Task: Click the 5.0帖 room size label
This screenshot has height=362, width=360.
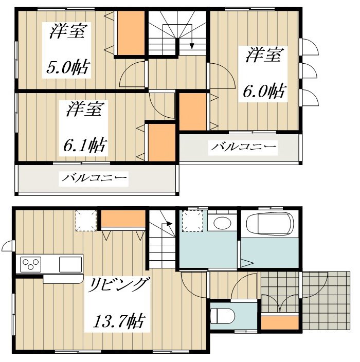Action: (x=67, y=68)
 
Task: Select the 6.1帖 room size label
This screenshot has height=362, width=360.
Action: (x=84, y=145)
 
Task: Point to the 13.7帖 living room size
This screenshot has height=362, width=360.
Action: (x=119, y=321)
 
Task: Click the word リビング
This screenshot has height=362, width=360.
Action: (x=118, y=285)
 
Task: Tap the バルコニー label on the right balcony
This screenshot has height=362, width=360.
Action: (x=243, y=147)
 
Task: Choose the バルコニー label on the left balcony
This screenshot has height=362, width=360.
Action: (x=94, y=178)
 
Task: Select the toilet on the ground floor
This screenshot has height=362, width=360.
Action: (x=223, y=316)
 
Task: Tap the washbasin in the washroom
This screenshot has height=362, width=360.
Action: (x=222, y=223)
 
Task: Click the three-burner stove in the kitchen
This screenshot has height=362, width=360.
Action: (x=31, y=264)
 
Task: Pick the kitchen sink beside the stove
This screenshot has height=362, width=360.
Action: (x=70, y=264)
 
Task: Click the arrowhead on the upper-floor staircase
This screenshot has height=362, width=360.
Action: (x=192, y=46)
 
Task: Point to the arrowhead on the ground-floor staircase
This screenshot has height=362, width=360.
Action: (x=170, y=224)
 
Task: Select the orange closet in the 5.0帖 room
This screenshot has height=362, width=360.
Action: (x=131, y=33)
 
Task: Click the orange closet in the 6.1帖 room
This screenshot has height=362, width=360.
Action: (x=161, y=142)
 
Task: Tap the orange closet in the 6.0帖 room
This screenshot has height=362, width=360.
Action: (x=193, y=112)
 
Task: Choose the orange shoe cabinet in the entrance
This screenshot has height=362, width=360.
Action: (x=280, y=322)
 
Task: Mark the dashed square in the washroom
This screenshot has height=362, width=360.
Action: (x=192, y=221)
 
